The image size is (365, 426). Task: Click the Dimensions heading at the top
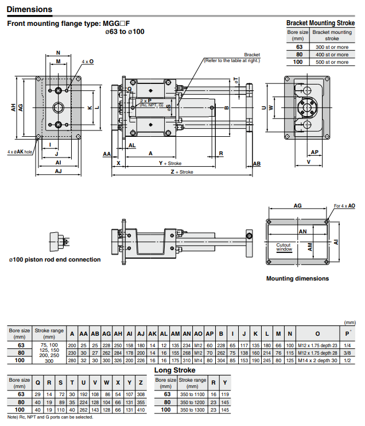[x=29, y=9]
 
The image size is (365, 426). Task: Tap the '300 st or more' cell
[x=332, y=47]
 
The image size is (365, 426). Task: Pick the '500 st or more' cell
[x=332, y=62]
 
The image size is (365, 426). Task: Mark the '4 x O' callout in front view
[x=87, y=61]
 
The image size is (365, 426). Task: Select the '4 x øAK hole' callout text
[x=19, y=152]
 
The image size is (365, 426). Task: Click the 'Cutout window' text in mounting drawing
[x=284, y=247]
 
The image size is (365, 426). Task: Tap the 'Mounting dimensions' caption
[x=297, y=278]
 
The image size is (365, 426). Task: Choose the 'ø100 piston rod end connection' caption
[x=55, y=259]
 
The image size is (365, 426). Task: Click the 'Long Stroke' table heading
[x=175, y=370]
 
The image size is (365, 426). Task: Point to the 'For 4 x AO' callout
[x=344, y=205]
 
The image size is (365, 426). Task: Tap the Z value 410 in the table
[x=141, y=409]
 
